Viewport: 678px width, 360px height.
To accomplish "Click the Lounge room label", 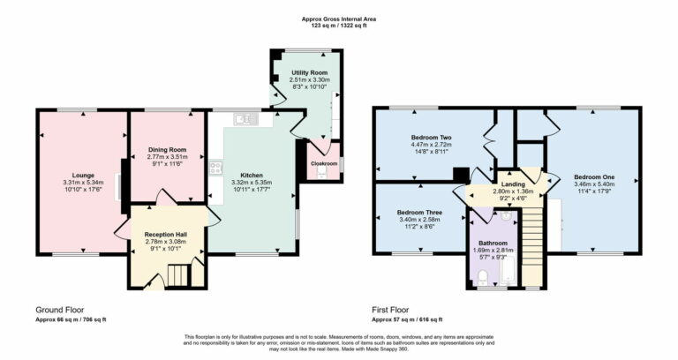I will tap(78, 175).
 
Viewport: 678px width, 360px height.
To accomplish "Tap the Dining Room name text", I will tap(166, 150).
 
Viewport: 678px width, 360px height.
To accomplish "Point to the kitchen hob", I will tap(215, 167).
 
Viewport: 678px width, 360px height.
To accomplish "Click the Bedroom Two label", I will tap(431, 138).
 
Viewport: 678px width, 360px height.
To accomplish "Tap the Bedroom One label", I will tap(593, 176).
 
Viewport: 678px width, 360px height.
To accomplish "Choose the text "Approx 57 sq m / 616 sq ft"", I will tap(407, 319).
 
